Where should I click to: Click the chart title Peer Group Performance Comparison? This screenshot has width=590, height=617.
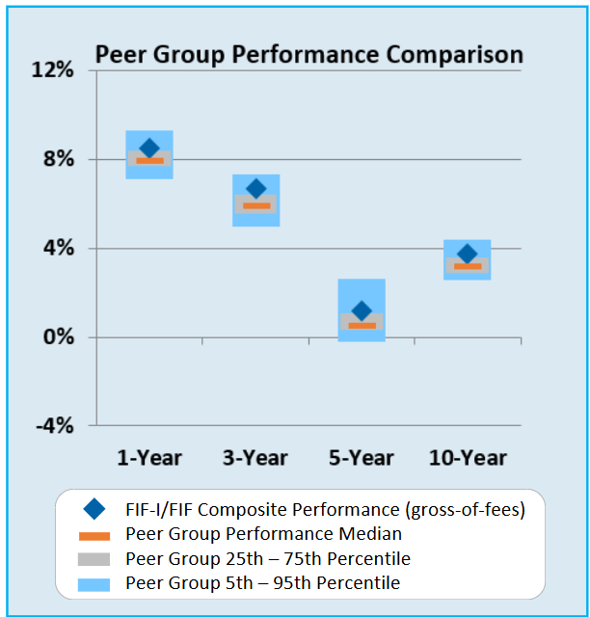coord(308,54)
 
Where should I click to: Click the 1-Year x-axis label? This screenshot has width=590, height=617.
coord(149,457)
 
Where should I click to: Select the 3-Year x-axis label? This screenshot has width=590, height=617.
coord(255,457)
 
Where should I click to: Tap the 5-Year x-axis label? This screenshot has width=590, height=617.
coord(362,457)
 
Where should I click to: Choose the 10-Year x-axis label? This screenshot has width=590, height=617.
coord(468,457)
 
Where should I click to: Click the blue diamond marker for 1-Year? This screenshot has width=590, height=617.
coord(149,148)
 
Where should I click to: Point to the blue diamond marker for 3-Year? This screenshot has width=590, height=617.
coord(255,188)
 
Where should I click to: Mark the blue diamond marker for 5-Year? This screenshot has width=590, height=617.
coord(362,310)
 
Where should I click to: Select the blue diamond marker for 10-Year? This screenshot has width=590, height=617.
coord(468,254)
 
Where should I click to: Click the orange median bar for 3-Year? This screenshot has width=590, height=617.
coord(255,205)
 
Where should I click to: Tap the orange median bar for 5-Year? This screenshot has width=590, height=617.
coord(362,326)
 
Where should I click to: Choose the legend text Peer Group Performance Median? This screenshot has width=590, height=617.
coord(263,533)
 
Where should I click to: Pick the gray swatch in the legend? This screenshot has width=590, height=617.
coord(94,559)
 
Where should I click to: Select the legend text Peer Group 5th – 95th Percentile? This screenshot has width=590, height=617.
coord(262,583)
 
